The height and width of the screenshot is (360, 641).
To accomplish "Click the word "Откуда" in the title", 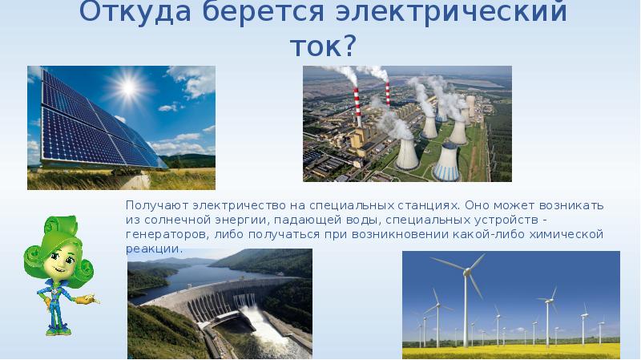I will [127, 13].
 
